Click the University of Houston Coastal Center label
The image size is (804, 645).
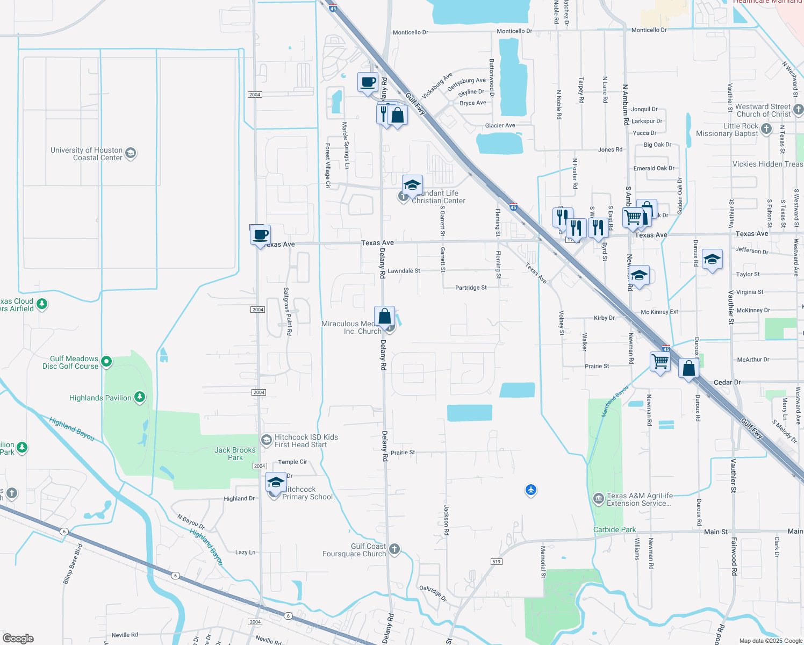pyautogui.click(x=87, y=154)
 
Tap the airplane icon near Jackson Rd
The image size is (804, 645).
pyautogui.click(x=531, y=490)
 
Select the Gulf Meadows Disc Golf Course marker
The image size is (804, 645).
pyautogui.click(x=106, y=362)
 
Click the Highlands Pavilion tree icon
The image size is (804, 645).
pyautogui.click(x=140, y=397)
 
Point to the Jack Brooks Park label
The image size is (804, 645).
pyautogui.click(x=235, y=454)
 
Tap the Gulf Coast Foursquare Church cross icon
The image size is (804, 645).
pyautogui.click(x=394, y=549)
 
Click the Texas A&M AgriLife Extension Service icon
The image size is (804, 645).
pyautogui.click(x=598, y=499)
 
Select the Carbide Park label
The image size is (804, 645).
pyautogui.click(x=614, y=529)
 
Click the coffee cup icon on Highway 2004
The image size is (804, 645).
pyautogui.click(x=261, y=235)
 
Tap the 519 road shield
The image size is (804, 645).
pyautogui.click(x=496, y=562)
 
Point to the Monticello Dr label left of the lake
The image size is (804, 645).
pyautogui.click(x=410, y=32)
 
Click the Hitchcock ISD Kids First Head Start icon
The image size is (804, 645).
pyautogui.click(x=266, y=440)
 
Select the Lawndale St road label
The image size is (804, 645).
pyautogui.click(x=404, y=271)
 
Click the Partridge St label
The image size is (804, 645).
pyautogui.click(x=471, y=288)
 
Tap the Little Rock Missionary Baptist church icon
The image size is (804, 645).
pyautogui.click(x=766, y=128)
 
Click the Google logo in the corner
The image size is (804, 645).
pyautogui.click(x=18, y=639)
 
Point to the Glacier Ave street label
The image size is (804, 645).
pyautogui.click(x=500, y=125)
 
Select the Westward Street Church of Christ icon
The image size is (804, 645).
pyautogui.click(x=798, y=110)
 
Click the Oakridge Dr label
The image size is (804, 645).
pyautogui.click(x=433, y=593)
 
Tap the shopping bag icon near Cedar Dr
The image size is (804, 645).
pyautogui.click(x=688, y=369)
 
